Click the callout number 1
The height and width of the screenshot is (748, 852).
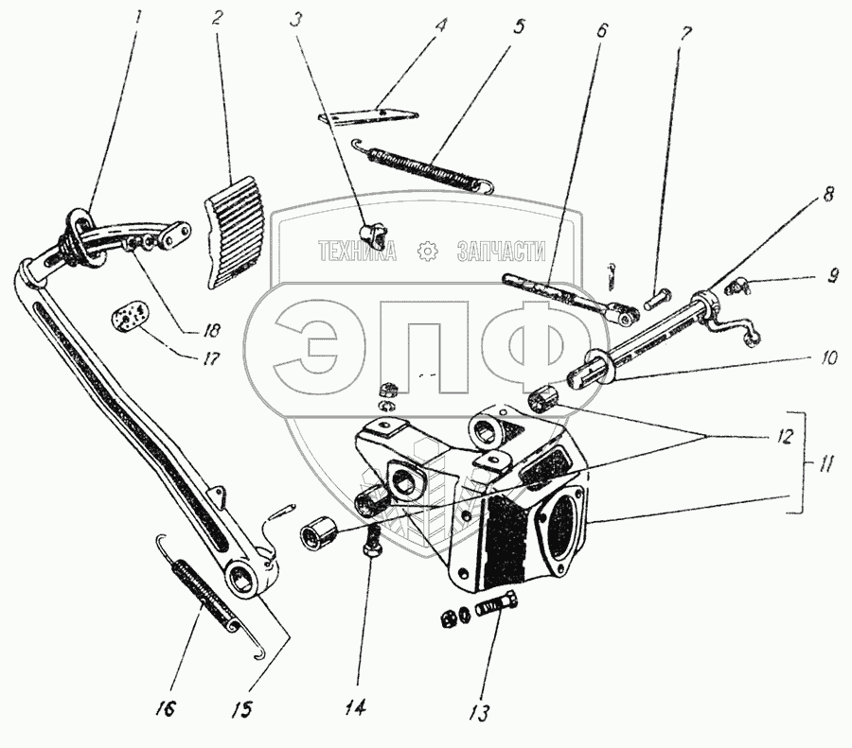click(x=138, y=17)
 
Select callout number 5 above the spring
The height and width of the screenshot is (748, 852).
click(x=520, y=25)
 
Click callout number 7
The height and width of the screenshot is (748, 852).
click(x=684, y=32)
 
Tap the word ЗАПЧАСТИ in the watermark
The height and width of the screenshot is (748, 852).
click(x=503, y=251)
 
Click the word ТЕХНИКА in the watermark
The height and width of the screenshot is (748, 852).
click(x=359, y=251)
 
